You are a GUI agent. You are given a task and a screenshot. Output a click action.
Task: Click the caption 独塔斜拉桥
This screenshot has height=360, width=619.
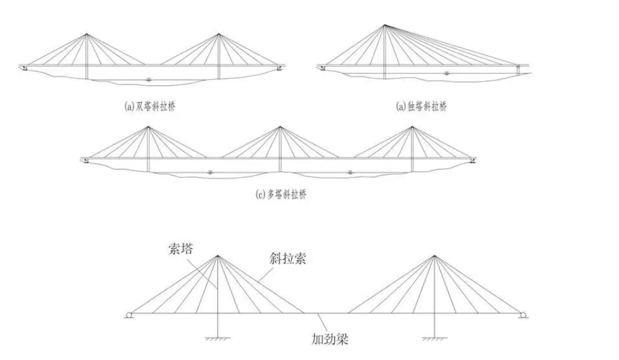[427, 107]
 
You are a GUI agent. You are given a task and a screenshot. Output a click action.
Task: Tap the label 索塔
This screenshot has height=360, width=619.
[181, 249]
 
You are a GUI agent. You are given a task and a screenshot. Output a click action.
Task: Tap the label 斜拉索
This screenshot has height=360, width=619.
[288, 259]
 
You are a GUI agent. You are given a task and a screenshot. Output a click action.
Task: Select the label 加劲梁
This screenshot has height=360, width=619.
[330, 338]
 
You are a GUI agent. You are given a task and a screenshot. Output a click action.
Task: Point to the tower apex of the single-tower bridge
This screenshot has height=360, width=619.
[384, 25]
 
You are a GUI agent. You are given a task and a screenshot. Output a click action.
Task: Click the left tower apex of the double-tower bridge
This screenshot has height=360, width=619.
[86, 34]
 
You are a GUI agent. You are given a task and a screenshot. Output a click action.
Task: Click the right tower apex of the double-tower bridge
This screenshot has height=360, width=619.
[218, 34]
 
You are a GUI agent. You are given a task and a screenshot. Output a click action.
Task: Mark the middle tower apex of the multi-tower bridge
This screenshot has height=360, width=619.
[280, 127]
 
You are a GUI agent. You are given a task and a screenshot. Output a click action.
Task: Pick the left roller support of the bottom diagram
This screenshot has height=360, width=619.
[129, 315]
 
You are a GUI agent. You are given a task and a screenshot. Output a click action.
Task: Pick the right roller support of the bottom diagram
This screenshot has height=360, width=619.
[524, 315]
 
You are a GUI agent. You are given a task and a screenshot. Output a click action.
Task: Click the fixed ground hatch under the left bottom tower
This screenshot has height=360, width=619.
[218, 338]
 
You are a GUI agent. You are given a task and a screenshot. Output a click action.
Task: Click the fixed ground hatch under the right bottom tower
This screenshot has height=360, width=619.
[435, 338]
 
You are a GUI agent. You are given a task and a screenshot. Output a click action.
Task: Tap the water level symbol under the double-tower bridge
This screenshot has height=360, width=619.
[148, 79]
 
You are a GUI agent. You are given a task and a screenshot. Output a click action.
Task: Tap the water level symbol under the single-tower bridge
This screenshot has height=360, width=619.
[446, 73]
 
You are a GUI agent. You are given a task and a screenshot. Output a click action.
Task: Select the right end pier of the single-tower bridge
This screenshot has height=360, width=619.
[518, 70]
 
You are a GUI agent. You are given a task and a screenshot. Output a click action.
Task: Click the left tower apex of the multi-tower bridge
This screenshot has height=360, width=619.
[148, 127]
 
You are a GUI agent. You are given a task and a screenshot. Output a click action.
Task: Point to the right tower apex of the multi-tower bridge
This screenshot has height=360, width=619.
[412, 127]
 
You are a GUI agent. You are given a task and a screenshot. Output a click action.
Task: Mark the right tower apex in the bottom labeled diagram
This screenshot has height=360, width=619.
[435, 256]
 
